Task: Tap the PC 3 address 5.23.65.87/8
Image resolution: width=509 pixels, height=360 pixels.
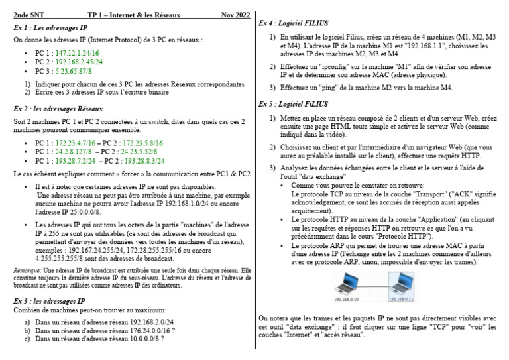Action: [x=76, y=71]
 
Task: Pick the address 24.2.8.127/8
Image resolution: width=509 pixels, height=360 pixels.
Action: [x=78, y=152]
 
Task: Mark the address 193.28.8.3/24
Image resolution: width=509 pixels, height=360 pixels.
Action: [x=154, y=161]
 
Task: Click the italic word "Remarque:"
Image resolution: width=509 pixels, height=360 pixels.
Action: [x=27, y=270]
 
